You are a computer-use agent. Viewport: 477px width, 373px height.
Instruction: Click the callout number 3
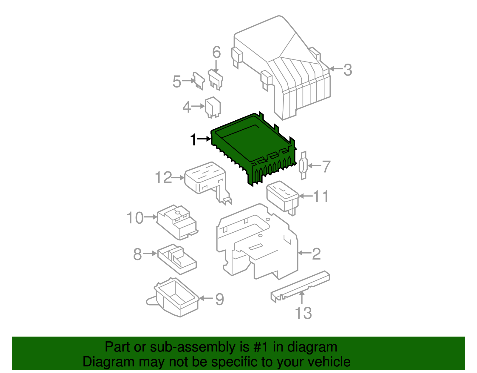(x=348, y=70)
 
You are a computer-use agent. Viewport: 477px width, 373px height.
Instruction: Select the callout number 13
(x=303, y=313)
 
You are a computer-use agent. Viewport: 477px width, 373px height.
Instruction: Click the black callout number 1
(x=194, y=139)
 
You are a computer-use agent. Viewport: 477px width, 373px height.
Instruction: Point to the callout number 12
(x=164, y=178)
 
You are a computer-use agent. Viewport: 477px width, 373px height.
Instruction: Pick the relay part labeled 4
(x=213, y=107)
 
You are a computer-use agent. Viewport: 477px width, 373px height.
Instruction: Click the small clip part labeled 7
(x=303, y=166)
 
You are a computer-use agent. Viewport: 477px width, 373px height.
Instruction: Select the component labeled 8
(x=176, y=258)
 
